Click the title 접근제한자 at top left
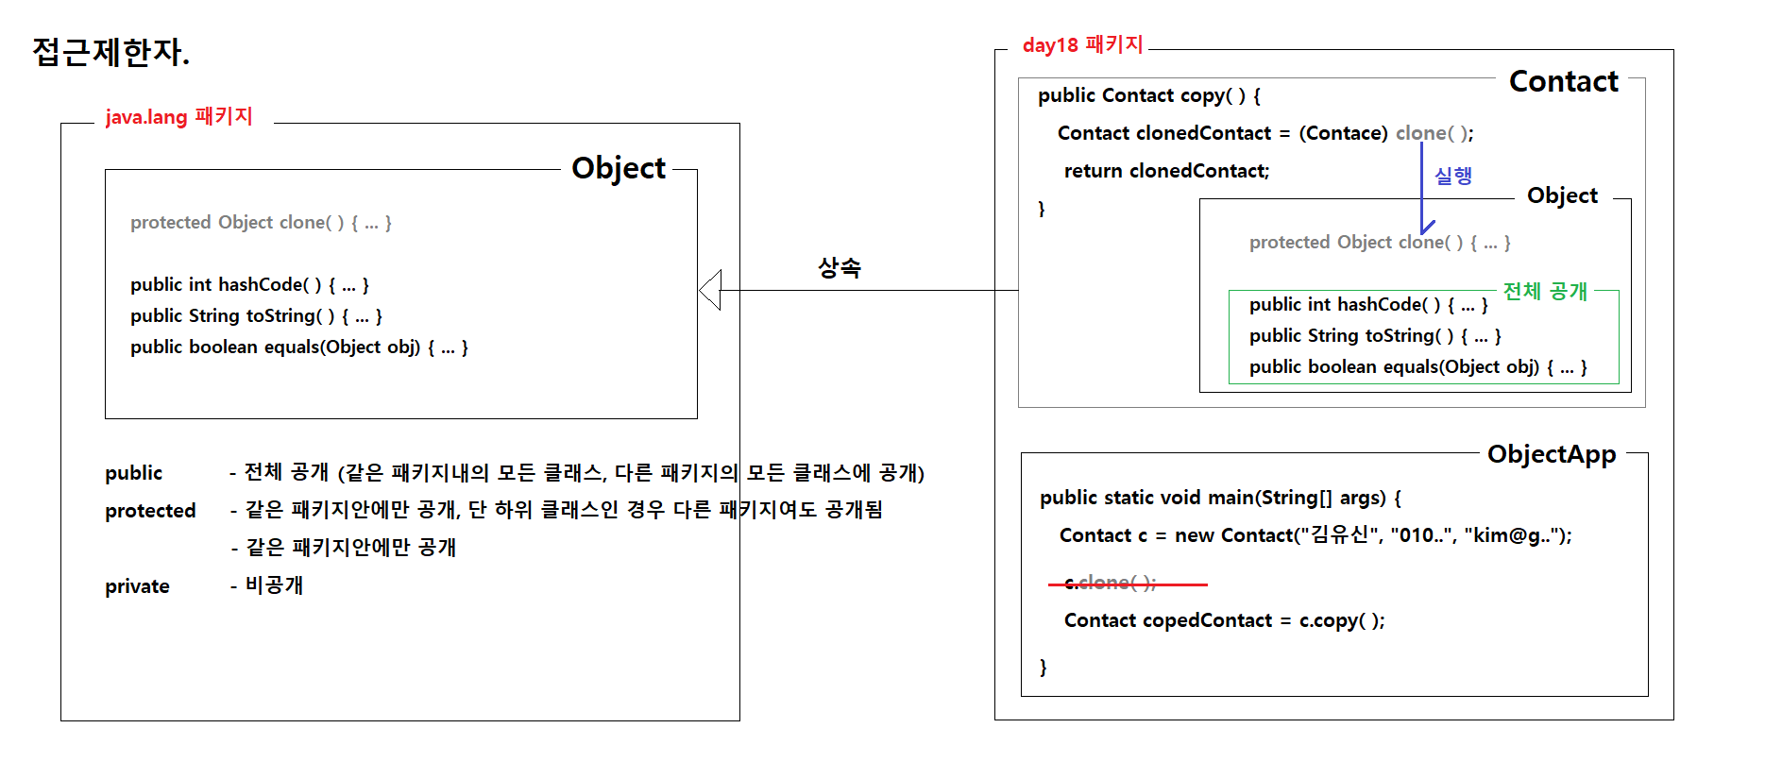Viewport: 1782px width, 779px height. pyautogui.click(x=110, y=52)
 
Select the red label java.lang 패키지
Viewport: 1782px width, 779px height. pyautogui.click(x=178, y=117)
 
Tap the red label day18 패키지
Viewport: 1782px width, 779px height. pyautogui.click(x=1082, y=45)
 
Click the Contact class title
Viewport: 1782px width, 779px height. pyautogui.click(x=1563, y=82)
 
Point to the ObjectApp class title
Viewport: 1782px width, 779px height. pyautogui.click(x=1551, y=454)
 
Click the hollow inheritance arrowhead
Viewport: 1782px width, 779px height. pyautogui.click(x=711, y=290)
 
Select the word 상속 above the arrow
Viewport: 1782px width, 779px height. pyautogui.click(x=839, y=268)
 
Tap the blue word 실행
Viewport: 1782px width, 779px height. pyautogui.click(x=1452, y=176)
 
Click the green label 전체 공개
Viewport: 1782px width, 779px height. pyautogui.click(x=1545, y=291)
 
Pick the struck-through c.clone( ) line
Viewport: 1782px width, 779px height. pyautogui.click(x=1111, y=584)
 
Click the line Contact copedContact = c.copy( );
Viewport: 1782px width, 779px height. pyautogui.click(x=1224, y=620)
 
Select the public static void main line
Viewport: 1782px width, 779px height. pyautogui.click(x=1220, y=498)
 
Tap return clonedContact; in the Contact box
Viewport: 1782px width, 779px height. pyautogui.click(x=1166, y=171)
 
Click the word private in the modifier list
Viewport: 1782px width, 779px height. pyautogui.click(x=137, y=586)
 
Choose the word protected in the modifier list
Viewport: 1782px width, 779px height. pyautogui.click(x=150, y=511)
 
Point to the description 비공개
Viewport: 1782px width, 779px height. pyautogui.click(x=274, y=585)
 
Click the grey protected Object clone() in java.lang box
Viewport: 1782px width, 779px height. pyautogui.click(x=261, y=223)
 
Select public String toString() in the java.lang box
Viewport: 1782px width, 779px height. pyautogui.click(x=256, y=316)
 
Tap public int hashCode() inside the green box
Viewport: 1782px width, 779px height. pyautogui.click(x=1367, y=305)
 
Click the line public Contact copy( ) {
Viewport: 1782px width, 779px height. pyautogui.click(x=1148, y=95)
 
